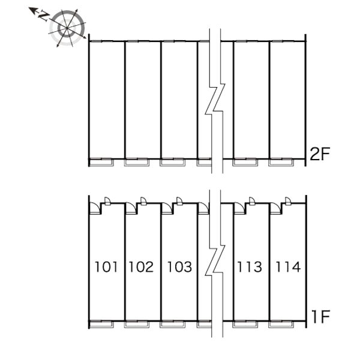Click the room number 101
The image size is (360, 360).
106,267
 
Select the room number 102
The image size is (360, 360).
141,267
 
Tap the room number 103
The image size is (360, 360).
179,267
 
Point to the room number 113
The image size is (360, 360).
250,267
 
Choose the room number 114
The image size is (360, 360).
288,267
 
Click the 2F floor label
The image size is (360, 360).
320,154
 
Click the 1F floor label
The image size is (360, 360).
321,317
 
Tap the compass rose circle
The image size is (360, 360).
67,28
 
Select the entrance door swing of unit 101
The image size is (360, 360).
95,208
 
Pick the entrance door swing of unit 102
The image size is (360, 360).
131,208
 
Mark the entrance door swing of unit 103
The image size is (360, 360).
167,208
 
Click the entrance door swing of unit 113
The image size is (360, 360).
239,208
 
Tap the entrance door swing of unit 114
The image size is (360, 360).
276,208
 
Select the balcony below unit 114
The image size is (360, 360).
281,325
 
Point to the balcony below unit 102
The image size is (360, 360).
137,325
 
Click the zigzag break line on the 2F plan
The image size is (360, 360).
215,101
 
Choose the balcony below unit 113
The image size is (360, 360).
245,325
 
